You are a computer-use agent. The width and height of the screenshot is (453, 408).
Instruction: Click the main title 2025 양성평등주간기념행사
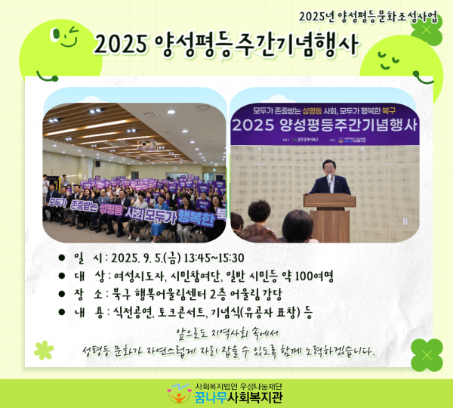click(226, 45)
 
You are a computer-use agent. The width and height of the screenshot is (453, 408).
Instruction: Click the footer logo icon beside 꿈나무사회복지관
click(178, 393)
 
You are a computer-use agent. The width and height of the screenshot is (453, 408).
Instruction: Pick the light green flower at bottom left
click(44, 349)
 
